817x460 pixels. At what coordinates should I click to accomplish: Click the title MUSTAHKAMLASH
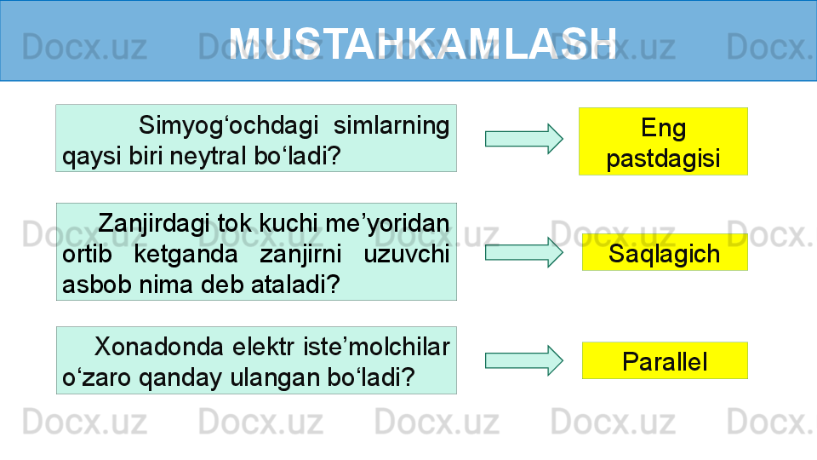423,43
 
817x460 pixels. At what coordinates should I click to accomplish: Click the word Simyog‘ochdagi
229,126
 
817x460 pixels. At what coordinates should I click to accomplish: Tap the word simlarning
391,125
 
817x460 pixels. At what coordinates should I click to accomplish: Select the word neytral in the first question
208,155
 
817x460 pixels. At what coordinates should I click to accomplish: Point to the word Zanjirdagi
154,224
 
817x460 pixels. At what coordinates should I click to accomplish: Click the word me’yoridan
387,223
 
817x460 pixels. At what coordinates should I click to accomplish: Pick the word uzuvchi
407,255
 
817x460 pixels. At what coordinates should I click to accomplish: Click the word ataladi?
295,285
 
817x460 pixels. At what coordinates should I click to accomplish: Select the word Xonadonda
159,347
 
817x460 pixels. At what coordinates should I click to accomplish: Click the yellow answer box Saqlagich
665,252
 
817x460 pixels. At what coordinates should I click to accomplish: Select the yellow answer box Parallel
665,360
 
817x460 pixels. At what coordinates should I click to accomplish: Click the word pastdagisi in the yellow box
663,158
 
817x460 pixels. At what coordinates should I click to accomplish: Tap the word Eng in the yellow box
663,128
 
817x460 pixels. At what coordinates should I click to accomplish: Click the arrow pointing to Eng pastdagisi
524,139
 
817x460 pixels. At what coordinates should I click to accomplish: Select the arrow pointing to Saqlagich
524,252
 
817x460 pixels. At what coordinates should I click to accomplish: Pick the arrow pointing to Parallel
524,360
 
